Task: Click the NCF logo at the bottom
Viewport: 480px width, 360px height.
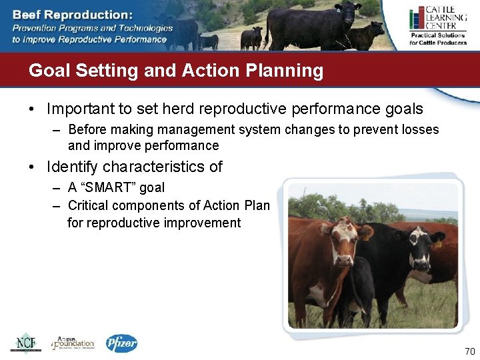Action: tap(25, 342)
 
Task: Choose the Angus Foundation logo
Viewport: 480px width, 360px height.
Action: tap(73, 342)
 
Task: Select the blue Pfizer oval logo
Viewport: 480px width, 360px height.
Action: tap(121, 343)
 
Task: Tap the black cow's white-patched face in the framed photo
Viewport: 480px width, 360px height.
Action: tap(418, 248)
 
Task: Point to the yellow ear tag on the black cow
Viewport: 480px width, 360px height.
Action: tap(437, 243)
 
